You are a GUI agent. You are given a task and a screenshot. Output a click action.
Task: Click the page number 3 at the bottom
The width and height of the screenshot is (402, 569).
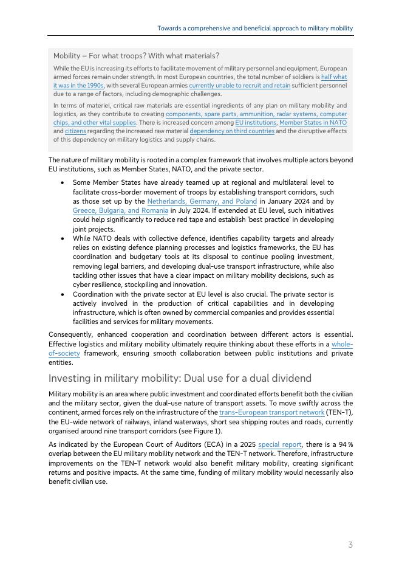[x=350, y=545]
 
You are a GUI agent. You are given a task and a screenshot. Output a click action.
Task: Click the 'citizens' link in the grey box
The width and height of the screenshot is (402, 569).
[x=75, y=131]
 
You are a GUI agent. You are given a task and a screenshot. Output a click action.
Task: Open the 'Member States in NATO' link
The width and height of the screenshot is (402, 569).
[x=313, y=122]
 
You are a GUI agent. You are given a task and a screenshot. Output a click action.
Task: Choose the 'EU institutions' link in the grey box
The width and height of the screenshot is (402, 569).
[x=254, y=122]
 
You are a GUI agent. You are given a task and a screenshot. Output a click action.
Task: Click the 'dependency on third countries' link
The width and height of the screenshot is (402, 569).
[x=232, y=131]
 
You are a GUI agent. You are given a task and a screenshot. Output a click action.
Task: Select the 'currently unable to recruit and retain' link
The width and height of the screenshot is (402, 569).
[x=239, y=86]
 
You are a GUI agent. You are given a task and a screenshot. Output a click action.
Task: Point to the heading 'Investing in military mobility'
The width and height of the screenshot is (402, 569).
[x=180, y=378]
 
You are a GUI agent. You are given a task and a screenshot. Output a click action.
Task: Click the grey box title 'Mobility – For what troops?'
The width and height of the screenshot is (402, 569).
[x=136, y=56]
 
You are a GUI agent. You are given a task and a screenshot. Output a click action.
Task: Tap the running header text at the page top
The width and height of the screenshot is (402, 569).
[x=255, y=29]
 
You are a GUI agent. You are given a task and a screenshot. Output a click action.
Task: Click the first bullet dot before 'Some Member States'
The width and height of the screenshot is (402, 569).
[x=63, y=182]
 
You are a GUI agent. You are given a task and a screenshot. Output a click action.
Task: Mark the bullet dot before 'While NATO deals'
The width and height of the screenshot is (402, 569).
[x=63, y=239]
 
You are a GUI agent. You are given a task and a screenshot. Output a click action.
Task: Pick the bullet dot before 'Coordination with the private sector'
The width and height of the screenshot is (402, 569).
[x=63, y=294]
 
